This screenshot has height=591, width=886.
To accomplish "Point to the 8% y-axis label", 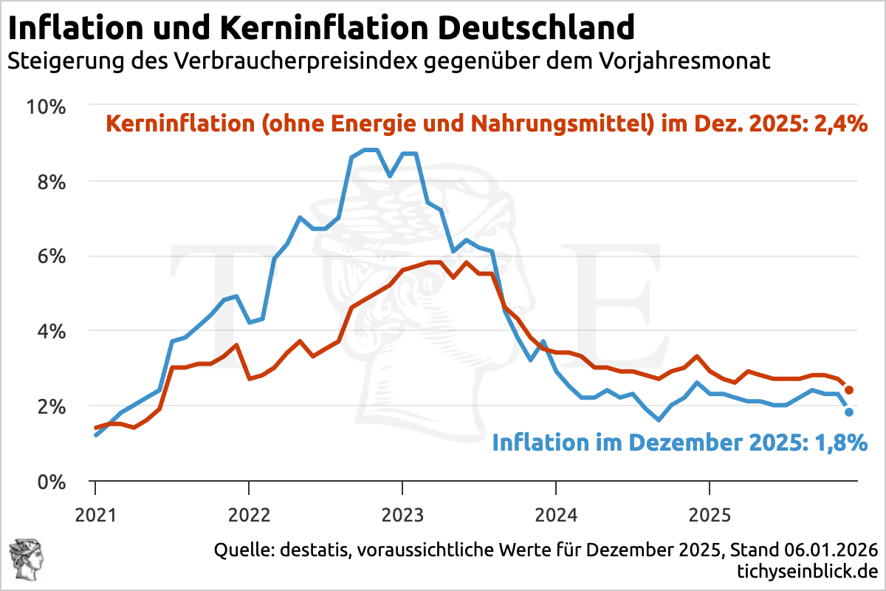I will click(x=52, y=182).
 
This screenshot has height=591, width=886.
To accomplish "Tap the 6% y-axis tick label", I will click(x=52, y=256).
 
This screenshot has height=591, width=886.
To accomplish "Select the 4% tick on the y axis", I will click(x=52, y=332).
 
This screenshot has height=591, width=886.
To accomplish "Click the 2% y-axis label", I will click(x=52, y=406).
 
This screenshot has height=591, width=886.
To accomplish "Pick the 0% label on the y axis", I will click(x=52, y=482).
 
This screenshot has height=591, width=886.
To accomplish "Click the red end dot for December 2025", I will click(x=849, y=390).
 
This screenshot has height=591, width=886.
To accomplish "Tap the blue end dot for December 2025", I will click(x=849, y=412).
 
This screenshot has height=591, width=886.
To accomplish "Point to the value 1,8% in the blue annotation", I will click(x=839, y=443).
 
